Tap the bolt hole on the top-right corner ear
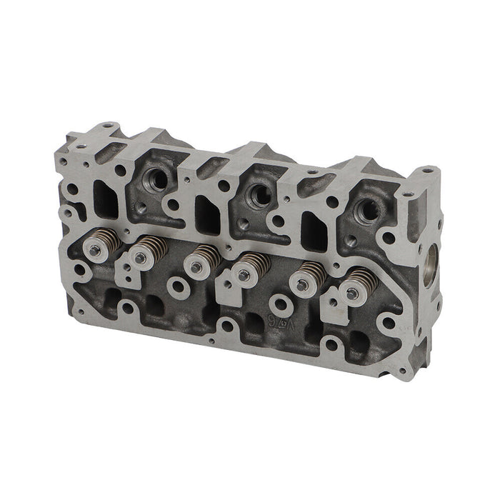(x=427, y=171)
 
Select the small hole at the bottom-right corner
(x=404, y=371)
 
